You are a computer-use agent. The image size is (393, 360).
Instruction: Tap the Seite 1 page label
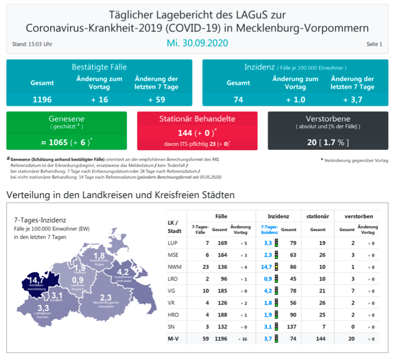[374, 44]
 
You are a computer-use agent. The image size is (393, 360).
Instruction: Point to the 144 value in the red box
[188, 133]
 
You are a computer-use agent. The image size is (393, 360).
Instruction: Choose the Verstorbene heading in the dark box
[328, 119]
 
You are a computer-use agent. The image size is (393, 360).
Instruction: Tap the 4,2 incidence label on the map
[122, 272]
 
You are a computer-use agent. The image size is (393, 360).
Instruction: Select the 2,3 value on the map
[106, 297]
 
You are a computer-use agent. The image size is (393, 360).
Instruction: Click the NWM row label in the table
[174, 266]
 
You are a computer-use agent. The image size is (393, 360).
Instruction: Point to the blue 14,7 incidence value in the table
[266, 266]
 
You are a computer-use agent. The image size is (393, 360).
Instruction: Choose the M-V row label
[175, 339]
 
